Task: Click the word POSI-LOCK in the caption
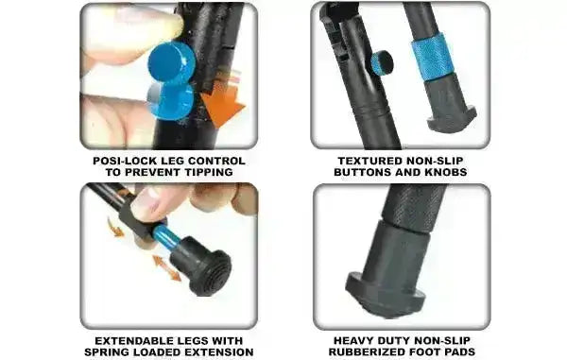pyautogui.click(x=116, y=160)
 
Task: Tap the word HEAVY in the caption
pyautogui.click(x=354, y=339)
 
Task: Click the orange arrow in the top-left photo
pyautogui.click(x=223, y=106)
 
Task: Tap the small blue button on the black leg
pyautogui.click(x=382, y=63)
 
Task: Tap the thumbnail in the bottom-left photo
pyautogui.click(x=148, y=201)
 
